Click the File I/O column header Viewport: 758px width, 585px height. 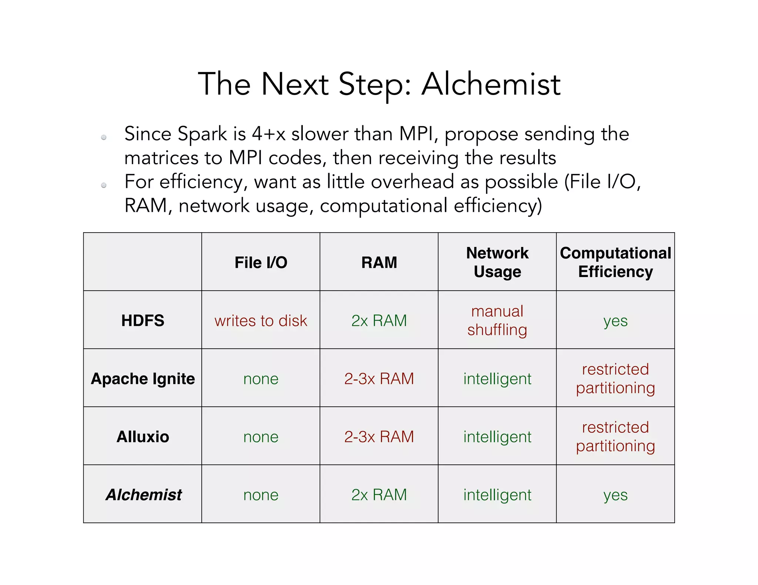(261, 263)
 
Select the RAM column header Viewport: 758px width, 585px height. (379, 263)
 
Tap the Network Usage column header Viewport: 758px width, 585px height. (497, 262)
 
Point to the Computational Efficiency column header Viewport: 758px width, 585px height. (616, 262)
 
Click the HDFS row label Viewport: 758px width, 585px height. (143, 320)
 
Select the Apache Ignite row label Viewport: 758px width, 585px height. (143, 379)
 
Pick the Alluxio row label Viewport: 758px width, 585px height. (143, 437)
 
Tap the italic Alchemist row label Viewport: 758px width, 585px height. (144, 495)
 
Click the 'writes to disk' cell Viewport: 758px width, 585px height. (261, 321)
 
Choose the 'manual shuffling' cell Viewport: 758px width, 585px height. (497, 320)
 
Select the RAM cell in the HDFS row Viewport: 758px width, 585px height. (379, 320)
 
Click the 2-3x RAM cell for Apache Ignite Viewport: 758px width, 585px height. (379, 379)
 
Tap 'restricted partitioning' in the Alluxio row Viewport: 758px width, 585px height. (616, 437)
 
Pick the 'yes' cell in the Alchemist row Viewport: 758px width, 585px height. (616, 495)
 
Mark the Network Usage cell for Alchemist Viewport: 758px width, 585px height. (497, 495)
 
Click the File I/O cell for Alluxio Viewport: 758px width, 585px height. (261, 437)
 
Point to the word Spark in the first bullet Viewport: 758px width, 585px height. (202, 134)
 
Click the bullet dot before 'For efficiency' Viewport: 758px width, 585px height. (104, 185)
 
